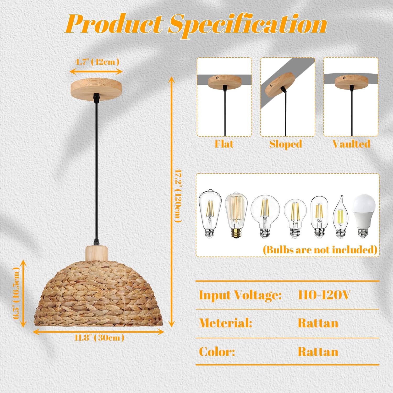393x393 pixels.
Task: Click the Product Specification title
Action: [196, 24]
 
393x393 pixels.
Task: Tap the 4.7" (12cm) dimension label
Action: [97, 62]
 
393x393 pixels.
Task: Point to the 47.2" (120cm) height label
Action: [178, 196]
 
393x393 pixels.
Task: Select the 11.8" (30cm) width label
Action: [99, 337]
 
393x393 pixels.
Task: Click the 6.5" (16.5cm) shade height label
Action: [16, 293]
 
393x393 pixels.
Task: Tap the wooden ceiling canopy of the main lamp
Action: [96, 87]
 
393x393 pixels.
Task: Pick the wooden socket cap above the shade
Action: [97, 253]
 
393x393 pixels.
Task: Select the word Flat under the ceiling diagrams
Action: [224, 144]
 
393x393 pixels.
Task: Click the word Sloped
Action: [286, 144]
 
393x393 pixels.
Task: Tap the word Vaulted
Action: [351, 144]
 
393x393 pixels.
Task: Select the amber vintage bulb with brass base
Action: [236, 215]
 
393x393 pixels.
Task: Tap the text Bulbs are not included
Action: [320, 250]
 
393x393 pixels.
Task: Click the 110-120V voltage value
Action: [324, 295]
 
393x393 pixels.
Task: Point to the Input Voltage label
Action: [240, 295]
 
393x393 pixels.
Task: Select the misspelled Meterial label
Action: [226, 323]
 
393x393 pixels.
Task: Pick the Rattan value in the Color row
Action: [318, 352]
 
